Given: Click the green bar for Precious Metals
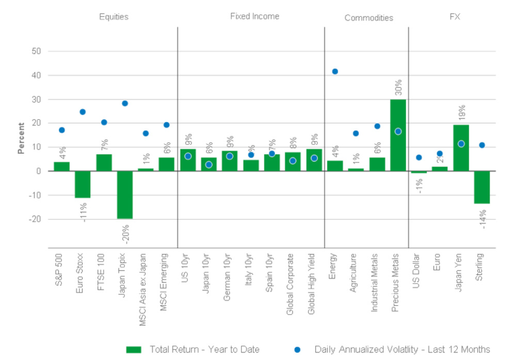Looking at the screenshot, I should click(398, 135).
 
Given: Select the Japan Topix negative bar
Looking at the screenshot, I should click(125, 195).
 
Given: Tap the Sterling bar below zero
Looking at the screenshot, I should click(482, 187).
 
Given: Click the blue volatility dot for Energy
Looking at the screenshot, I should click(335, 71).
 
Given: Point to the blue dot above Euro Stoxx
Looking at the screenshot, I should click(83, 112).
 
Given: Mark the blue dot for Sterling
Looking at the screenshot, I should click(482, 145).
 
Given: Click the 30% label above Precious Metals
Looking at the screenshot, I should click(398, 88).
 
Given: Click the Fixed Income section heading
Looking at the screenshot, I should click(254, 17).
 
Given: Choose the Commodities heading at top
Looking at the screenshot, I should click(368, 18).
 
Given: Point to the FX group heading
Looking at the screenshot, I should click(455, 17).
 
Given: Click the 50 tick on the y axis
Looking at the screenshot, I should click(36, 52).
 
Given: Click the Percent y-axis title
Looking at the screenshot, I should click(21, 138).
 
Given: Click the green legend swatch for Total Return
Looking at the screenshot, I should click(134, 349).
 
